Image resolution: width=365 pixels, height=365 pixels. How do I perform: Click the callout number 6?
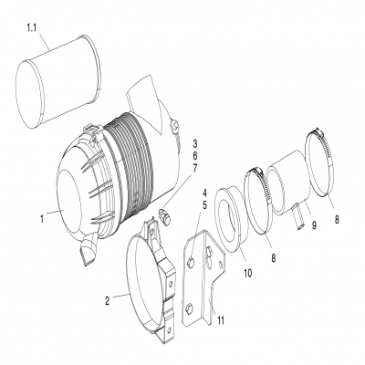pos(194,156)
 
